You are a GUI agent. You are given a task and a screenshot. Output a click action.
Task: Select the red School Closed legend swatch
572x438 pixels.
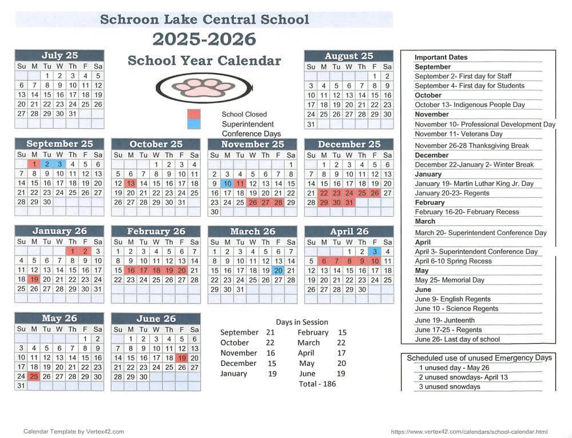[x=194, y=114]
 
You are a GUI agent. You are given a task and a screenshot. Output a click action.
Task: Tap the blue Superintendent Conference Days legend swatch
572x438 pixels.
[x=194, y=124]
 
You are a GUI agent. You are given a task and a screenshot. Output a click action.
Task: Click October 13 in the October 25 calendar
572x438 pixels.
[x=130, y=184]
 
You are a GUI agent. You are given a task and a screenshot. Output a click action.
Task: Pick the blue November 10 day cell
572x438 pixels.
[x=227, y=184]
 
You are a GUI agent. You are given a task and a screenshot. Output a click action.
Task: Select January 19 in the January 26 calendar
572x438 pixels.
[x=34, y=280]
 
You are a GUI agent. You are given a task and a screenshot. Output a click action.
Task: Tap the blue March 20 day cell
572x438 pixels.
[x=278, y=270]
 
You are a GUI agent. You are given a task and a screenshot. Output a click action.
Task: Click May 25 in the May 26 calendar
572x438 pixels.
[x=34, y=376]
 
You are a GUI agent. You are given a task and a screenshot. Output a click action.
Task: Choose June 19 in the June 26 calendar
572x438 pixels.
[x=182, y=358]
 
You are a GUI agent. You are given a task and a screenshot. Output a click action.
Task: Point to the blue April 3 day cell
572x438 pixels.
[x=375, y=252]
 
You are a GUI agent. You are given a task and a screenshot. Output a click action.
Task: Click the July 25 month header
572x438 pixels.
[x=59, y=55]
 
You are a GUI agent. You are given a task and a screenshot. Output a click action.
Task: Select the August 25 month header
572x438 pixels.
[x=348, y=56]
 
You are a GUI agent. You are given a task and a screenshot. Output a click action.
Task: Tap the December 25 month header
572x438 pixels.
[x=348, y=144]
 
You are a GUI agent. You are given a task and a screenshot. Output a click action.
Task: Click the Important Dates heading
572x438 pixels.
[x=441, y=57]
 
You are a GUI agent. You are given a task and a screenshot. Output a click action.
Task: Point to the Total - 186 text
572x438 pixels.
[x=317, y=384]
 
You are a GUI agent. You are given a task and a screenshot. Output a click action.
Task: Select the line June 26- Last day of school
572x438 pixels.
[x=457, y=339]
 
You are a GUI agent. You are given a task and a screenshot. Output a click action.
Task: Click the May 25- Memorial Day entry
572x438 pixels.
[x=450, y=280]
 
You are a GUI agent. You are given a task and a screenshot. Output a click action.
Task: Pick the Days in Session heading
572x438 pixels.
[x=302, y=322]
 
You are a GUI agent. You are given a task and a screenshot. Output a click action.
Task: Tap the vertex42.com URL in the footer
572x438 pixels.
[x=469, y=432]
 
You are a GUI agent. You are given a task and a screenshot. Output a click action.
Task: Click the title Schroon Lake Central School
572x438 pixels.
[x=204, y=19]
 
